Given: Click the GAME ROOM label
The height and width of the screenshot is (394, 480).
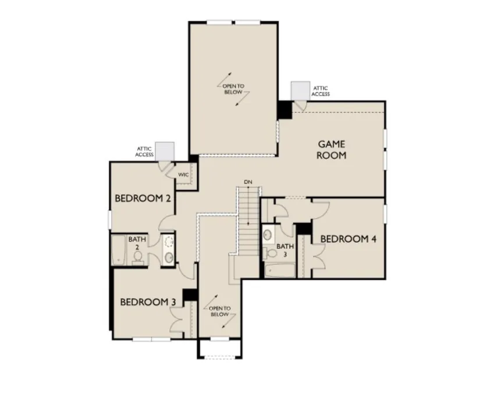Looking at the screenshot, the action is coord(332,149).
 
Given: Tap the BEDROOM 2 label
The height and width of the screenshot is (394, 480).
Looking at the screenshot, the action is coord(143,198).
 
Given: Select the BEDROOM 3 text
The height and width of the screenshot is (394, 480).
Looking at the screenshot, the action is coord(148,302).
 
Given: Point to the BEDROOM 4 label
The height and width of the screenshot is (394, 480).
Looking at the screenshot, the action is coord(348,239).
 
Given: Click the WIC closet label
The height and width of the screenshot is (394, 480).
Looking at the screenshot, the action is coord(183,175).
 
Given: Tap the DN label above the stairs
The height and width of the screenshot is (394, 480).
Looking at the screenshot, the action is coord(248,182).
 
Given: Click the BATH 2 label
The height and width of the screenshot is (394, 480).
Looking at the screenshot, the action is coord(137,243).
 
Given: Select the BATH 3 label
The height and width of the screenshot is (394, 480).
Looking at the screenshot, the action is coord(285,250).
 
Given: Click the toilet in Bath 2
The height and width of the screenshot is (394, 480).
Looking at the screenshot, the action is coord(138,257).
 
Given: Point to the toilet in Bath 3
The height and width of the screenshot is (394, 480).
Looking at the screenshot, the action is coord(269,252).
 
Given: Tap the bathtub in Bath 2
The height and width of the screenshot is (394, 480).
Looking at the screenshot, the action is coord(119,250).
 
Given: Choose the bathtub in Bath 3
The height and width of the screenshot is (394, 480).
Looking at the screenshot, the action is coord(279,271).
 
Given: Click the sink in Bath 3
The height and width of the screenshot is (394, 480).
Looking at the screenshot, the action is coord(268,234).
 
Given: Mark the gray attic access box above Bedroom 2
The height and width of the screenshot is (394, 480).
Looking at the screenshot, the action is coord(165,151).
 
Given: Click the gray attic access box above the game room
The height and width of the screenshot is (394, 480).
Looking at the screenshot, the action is coord(300,91).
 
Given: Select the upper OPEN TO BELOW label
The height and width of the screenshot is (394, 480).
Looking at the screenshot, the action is coord(233,89).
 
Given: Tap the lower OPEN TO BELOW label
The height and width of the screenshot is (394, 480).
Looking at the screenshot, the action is coord(219,311).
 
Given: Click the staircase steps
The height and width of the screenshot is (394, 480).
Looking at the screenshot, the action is coord(248,220).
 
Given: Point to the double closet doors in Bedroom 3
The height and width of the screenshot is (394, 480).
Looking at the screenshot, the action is coord(177,320).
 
